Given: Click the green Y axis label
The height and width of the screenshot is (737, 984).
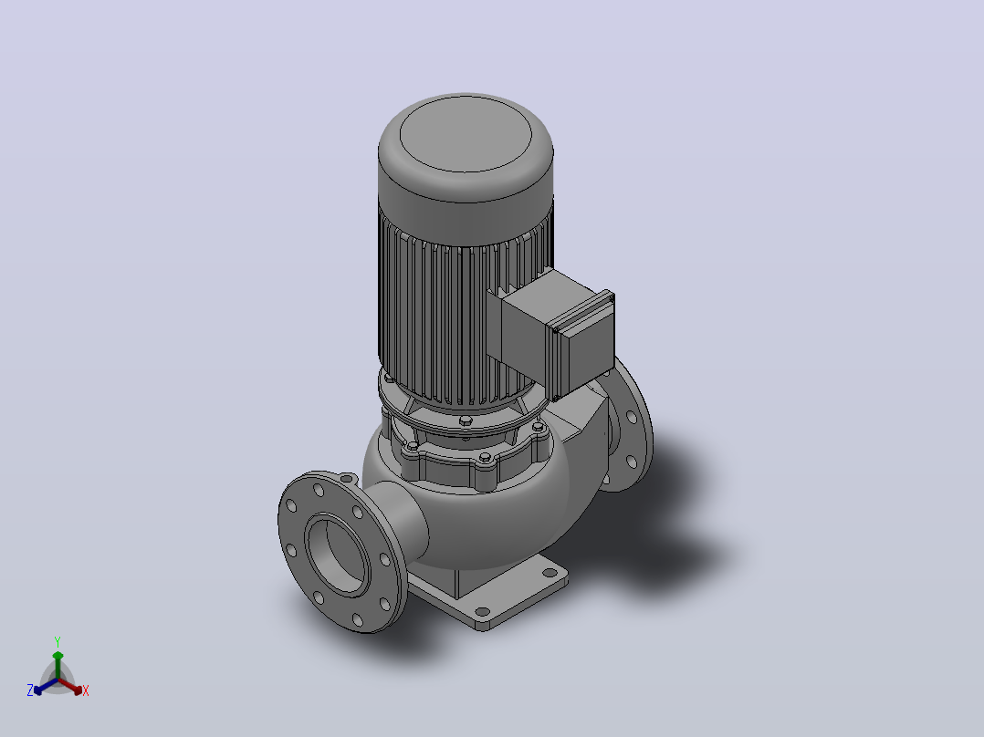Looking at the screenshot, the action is point(58,641).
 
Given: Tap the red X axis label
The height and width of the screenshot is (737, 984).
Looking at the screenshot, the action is point(86,690).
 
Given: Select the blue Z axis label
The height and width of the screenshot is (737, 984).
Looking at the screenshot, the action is point(30,690).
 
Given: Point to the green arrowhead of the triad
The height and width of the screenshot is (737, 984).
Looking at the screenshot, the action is point(58,656).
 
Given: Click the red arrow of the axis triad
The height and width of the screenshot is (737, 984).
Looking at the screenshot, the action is point(69,686).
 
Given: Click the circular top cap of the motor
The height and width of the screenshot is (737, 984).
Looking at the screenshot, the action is point(466,133).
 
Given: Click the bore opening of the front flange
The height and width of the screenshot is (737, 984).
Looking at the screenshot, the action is point(336,554).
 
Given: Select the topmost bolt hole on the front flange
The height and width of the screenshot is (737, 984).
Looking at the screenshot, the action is point(319,490).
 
